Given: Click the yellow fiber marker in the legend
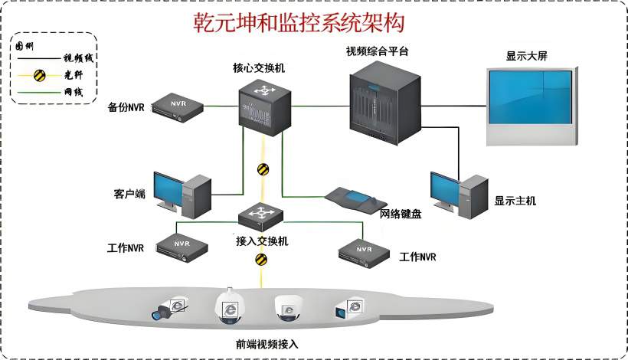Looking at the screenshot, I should tap(37, 74).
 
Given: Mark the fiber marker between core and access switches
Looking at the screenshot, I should tap(263, 169).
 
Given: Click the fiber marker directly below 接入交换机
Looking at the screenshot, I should tap(262, 260).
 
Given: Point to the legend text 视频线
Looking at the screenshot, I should tap(77, 58).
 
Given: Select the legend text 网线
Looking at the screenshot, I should tap(73, 92).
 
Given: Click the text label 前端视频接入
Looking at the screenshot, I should tap(267, 344).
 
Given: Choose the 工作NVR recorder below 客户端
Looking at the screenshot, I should tap(182, 246).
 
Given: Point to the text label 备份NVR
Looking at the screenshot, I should tap(126, 106).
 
